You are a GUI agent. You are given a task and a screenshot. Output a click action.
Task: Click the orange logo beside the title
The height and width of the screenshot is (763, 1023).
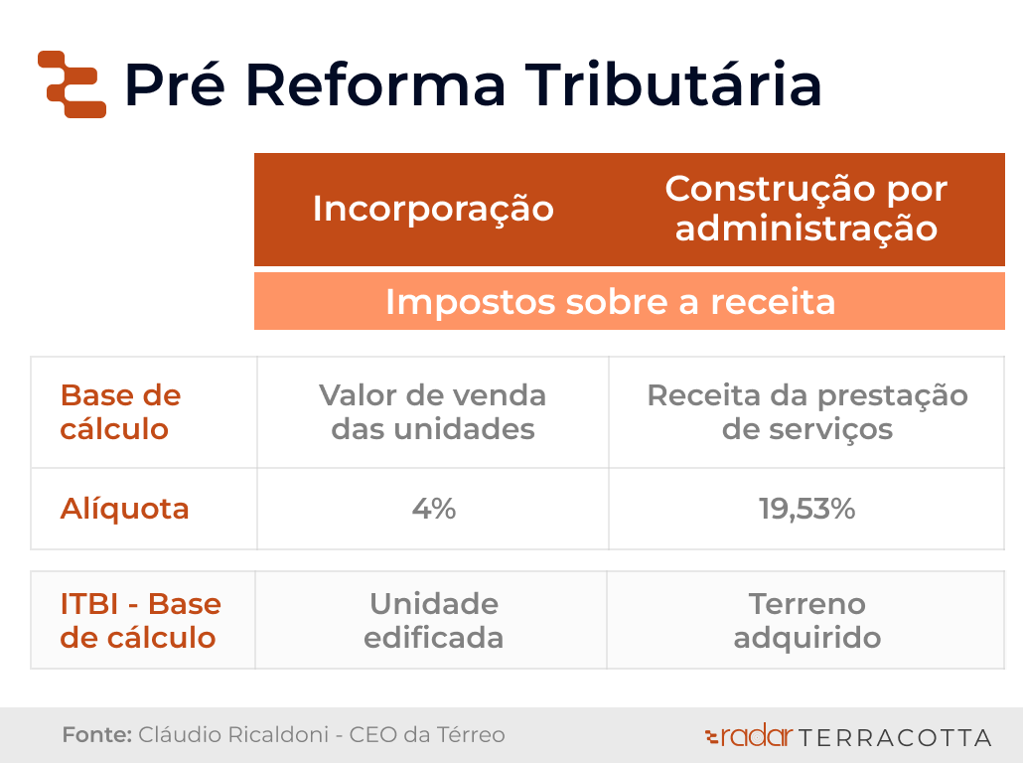point(72,84)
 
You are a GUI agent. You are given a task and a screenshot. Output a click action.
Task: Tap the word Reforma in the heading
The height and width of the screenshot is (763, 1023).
point(375,84)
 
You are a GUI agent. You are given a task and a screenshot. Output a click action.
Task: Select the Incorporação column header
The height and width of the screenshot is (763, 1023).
point(433,209)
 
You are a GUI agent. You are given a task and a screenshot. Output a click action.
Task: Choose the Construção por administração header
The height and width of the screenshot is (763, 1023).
point(806,209)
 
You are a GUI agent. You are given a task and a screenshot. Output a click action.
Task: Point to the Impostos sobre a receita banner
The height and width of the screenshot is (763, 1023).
point(611,302)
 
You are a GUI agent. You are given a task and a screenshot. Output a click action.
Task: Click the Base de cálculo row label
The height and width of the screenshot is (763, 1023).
point(120,412)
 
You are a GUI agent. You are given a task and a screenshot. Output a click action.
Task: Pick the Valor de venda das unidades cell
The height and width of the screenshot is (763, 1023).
point(433,412)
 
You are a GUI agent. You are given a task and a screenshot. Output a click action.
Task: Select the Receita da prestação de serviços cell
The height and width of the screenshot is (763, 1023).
point(807,412)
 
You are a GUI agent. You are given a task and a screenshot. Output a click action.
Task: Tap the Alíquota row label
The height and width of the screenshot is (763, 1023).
point(124,509)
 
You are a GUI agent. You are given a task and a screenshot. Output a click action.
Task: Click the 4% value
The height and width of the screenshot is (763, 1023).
point(434,509)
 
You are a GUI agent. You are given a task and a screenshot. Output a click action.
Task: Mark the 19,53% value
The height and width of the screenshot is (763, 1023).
point(807,509)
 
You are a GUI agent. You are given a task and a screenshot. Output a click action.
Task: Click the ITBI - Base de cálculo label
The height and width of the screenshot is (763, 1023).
point(140,620)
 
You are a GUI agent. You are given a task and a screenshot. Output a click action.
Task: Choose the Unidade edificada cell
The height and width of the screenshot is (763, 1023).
point(434,620)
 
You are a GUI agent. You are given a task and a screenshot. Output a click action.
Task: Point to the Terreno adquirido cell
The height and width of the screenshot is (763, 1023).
point(807,620)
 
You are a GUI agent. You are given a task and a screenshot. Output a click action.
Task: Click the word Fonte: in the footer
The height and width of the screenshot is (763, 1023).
point(97,734)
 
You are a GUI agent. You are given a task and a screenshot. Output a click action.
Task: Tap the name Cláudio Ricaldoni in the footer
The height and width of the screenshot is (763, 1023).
point(233,734)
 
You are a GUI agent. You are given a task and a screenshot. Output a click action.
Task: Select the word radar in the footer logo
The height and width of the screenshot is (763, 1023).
point(757,736)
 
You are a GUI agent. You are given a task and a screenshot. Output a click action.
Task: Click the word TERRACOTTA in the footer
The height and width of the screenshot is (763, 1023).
point(895,737)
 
